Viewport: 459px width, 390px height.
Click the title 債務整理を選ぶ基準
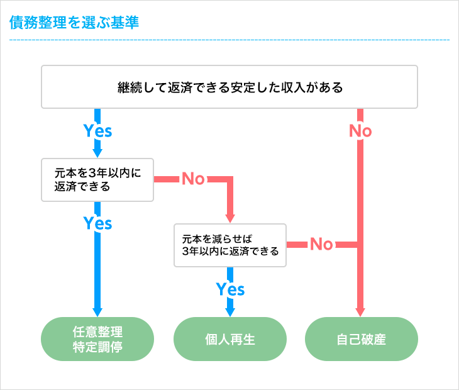(x=74, y=23)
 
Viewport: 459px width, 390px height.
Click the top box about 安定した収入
(x=229, y=87)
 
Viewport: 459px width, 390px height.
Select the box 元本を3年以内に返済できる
(x=97, y=179)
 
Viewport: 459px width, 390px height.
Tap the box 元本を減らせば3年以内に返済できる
(x=229, y=245)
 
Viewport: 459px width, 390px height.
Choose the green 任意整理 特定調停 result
(x=97, y=339)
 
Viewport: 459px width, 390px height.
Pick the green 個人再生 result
(x=229, y=339)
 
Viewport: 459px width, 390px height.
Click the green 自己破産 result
(x=361, y=339)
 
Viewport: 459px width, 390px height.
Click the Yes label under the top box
(x=97, y=131)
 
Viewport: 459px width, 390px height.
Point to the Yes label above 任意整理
(x=97, y=223)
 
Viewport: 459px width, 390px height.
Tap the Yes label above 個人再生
(x=230, y=289)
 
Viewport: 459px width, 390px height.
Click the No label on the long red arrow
(x=360, y=131)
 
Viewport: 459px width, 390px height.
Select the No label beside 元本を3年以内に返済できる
(x=193, y=179)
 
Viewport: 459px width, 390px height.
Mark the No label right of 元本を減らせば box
(x=321, y=244)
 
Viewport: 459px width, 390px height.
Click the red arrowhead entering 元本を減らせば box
(x=230, y=218)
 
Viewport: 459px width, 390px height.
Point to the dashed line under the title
(x=229, y=40)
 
